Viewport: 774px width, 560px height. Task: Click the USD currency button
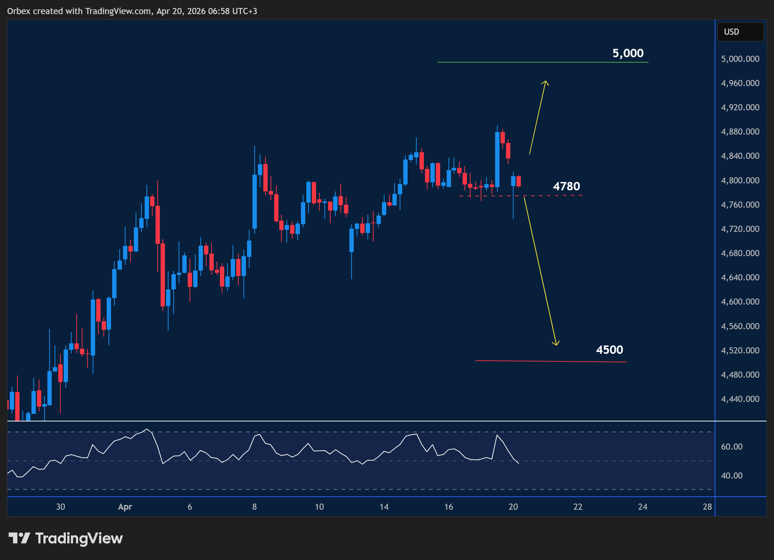click(x=740, y=32)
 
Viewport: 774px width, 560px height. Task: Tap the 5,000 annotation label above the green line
click(x=628, y=53)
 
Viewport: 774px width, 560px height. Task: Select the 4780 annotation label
click(x=566, y=186)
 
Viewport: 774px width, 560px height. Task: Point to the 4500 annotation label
click(x=609, y=350)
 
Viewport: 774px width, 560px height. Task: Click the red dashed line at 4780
click(x=557, y=195)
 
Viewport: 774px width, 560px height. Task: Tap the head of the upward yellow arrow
click(x=545, y=83)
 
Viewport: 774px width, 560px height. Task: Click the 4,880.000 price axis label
click(x=740, y=132)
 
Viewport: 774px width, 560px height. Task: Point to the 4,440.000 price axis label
click(x=740, y=399)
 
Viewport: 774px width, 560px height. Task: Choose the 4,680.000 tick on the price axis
click(x=740, y=253)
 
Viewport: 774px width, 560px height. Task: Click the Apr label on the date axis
click(x=125, y=507)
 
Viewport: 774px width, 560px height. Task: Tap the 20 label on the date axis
click(x=513, y=507)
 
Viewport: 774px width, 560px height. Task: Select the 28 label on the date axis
click(x=707, y=507)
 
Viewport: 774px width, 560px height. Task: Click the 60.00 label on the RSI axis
click(x=732, y=447)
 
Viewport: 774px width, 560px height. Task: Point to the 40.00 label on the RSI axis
click(x=732, y=476)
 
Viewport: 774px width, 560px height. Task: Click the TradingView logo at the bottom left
click(x=65, y=538)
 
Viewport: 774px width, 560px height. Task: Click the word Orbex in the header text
click(x=19, y=11)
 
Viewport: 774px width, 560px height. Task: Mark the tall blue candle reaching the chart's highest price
click(x=497, y=159)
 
